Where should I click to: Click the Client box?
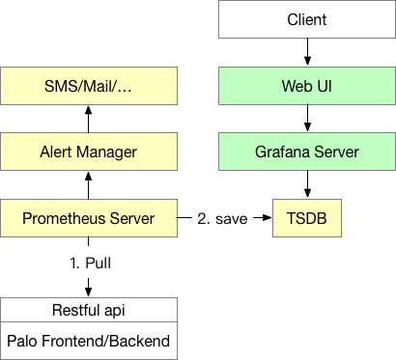307,19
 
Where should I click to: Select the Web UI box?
307,86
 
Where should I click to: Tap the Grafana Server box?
307,152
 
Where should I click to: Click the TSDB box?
307,219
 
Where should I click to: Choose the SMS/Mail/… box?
89,86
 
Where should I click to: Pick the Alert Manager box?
89,152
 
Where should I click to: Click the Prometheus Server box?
89,219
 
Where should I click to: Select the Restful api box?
89,310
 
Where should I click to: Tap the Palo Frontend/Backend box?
89,341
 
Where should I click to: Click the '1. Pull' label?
89,262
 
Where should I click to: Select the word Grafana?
281,152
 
